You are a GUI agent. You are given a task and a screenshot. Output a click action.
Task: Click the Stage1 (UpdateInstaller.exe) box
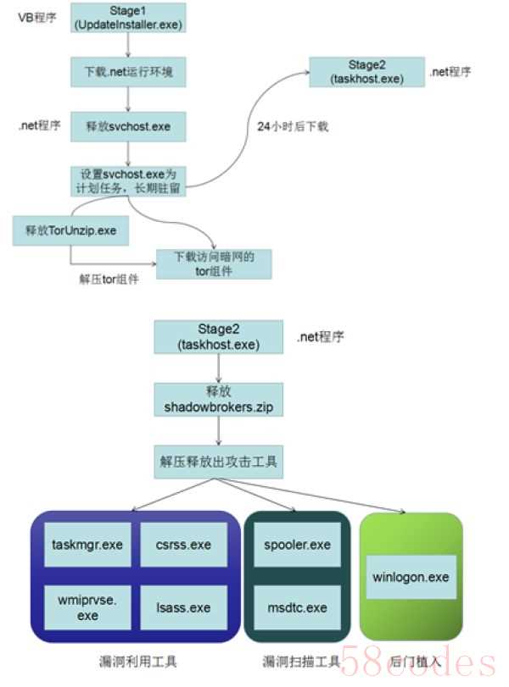127,18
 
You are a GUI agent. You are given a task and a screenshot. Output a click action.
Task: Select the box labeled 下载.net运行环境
127,71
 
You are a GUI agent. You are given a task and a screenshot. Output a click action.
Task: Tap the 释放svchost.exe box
127,125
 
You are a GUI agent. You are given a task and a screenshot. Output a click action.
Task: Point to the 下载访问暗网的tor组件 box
214,263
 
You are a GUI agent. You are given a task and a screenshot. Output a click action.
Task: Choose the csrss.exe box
183,545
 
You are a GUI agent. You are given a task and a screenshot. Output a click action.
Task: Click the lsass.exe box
183,607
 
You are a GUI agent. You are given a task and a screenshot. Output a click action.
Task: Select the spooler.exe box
297,545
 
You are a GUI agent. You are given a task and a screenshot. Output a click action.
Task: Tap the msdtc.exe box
297,607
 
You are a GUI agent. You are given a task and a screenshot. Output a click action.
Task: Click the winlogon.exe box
411,577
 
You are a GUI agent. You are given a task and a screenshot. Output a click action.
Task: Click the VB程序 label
36,16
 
